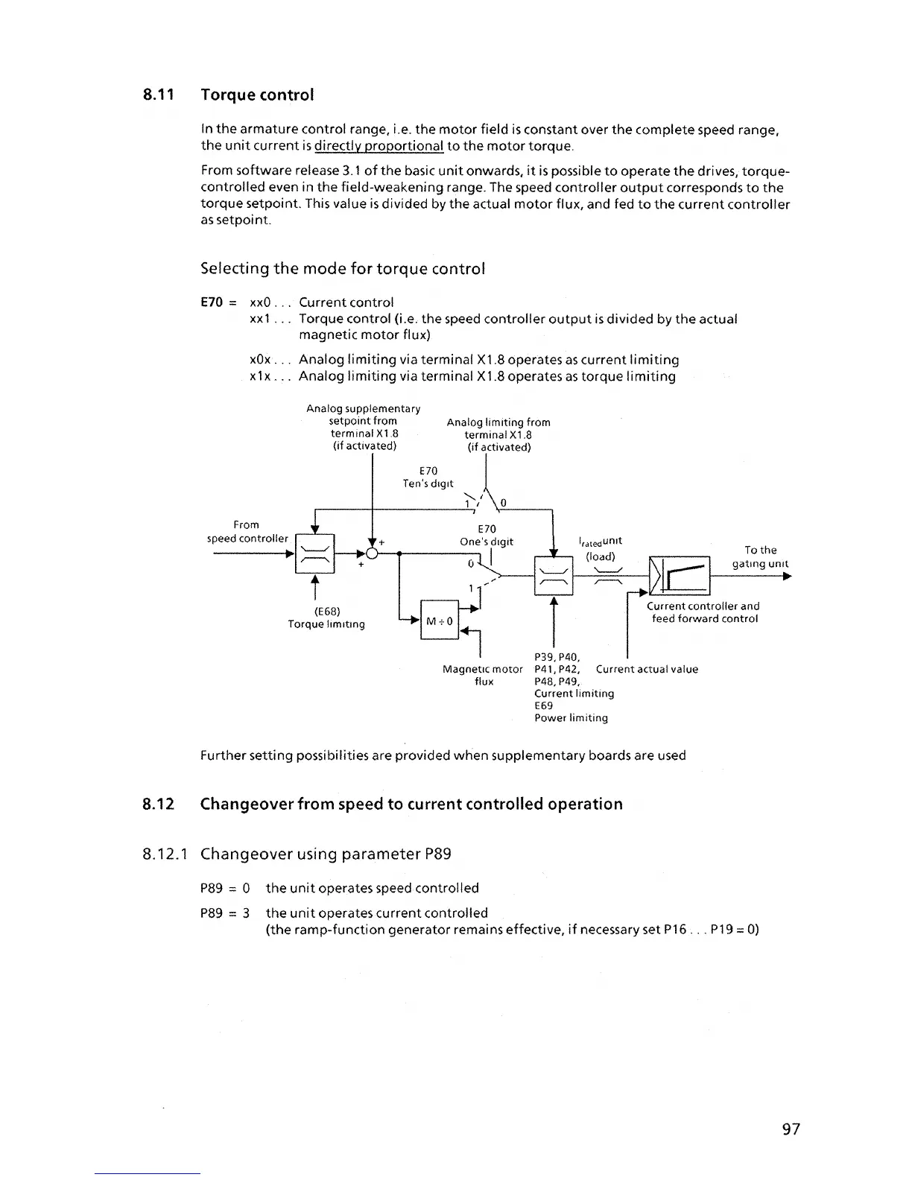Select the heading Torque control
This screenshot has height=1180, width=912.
(257, 95)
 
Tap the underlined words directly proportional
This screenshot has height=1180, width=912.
(379, 146)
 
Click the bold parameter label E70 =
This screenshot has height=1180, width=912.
(218, 302)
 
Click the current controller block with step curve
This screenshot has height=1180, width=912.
(680, 576)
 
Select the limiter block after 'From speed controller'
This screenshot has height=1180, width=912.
(315, 554)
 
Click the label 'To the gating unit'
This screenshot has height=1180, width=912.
(759, 557)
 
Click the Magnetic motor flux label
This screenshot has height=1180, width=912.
(483, 675)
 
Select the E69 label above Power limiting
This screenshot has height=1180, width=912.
(544, 705)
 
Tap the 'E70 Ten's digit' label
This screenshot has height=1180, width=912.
(428, 478)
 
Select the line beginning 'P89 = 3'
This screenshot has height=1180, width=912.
(343, 913)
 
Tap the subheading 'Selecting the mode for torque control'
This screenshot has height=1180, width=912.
(343, 268)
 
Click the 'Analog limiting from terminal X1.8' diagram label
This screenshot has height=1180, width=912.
(498, 434)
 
